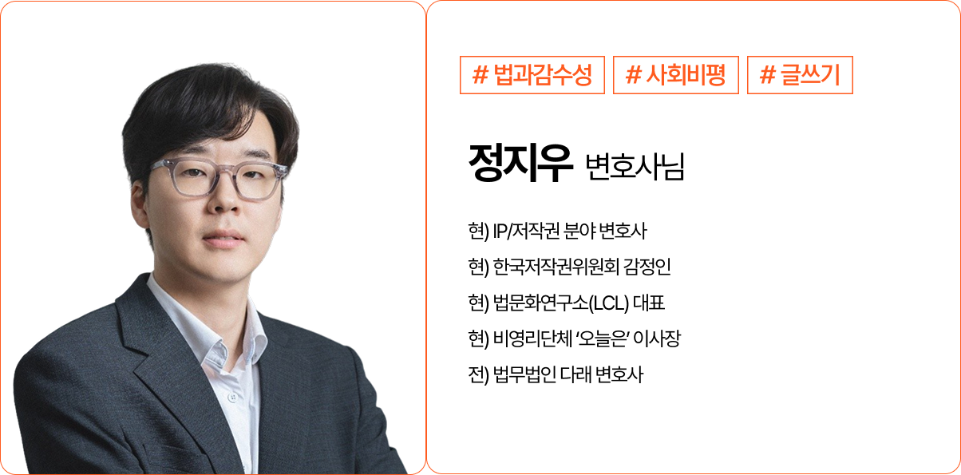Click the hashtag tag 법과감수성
532,75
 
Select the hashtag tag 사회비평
675,75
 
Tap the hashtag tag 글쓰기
800,75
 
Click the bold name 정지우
521,165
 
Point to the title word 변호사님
635,168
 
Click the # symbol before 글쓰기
768,75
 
